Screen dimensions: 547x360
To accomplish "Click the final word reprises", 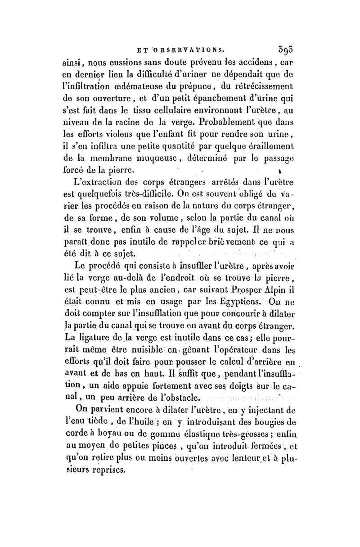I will pyautogui.click(x=104, y=473).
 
